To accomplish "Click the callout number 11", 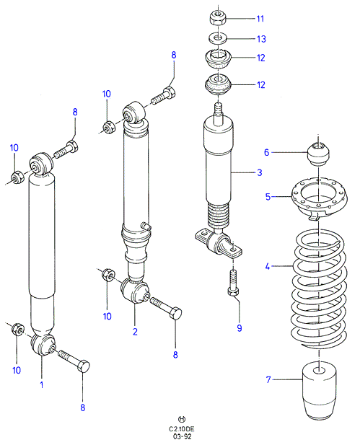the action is (x=260, y=19).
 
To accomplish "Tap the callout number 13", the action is (x=261, y=39).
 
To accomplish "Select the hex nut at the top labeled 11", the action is (x=218, y=18).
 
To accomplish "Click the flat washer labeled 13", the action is (x=218, y=38).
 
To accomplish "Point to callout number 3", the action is (x=260, y=172).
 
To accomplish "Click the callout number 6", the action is (x=266, y=152).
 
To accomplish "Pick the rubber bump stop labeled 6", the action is (x=319, y=154).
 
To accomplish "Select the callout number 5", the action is (x=268, y=197).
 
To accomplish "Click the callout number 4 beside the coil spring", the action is (x=268, y=266).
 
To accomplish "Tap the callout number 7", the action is (x=268, y=379).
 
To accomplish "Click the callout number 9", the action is (x=240, y=328).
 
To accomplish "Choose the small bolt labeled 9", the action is (x=233, y=283).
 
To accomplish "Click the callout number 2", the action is (x=135, y=332).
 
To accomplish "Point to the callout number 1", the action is (x=42, y=385).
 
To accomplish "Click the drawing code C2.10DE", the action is (x=182, y=429).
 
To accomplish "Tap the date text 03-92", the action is (x=182, y=436).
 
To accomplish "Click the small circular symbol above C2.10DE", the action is (x=182, y=419).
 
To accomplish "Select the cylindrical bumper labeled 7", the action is (x=319, y=391).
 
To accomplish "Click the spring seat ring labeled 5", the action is (x=319, y=199).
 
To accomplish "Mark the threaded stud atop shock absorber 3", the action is (x=218, y=115).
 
